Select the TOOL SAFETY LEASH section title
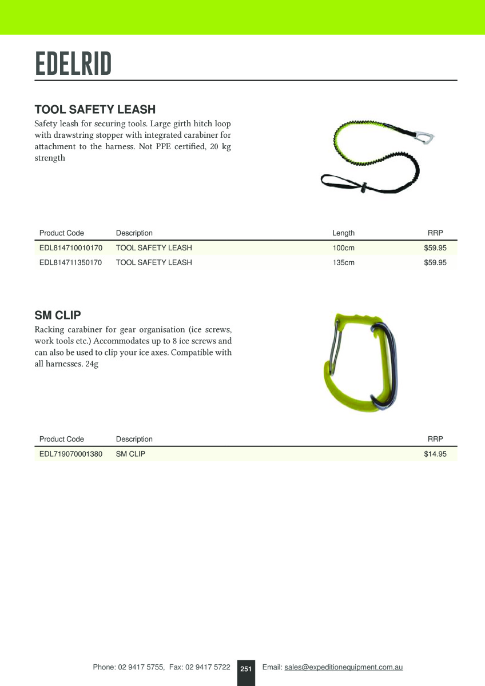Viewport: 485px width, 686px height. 95,109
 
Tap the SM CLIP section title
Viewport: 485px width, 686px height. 58,315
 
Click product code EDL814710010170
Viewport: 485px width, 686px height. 70,248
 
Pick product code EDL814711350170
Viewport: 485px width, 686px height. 70,263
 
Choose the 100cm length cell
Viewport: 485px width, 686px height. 343,248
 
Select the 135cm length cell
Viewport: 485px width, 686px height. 343,263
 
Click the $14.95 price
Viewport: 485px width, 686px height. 435,454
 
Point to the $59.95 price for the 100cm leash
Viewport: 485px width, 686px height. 435,248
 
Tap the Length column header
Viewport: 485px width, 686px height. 343,233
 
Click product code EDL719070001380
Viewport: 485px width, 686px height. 70,454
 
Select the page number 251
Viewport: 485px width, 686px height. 246,668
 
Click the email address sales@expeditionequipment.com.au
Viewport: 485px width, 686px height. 344,667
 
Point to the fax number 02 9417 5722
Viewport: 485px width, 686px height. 208,667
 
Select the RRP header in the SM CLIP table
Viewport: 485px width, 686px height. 435,440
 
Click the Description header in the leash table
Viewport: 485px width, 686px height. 134,233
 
